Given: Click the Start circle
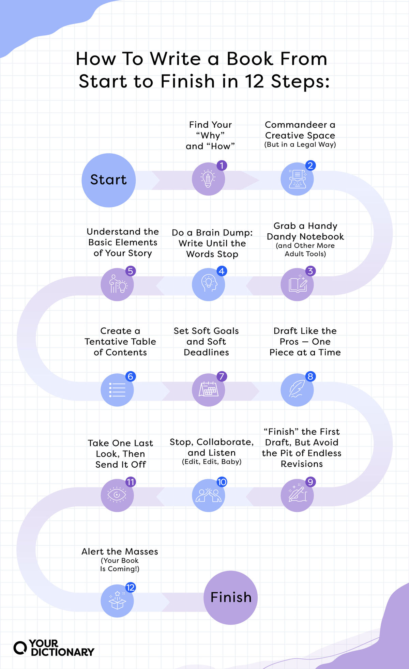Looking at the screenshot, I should pos(108,180).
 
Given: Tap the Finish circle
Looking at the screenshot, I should pos(230,597).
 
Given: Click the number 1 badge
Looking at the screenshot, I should pos(222,166).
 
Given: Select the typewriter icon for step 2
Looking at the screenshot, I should pos(297,179).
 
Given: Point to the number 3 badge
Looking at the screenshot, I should pos(310,271).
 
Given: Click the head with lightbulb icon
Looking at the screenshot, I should pos(208,284).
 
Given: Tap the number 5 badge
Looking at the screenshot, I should pos(130,271).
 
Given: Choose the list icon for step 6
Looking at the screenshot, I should pos(117,390).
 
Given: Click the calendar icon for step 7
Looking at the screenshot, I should pos(208,390).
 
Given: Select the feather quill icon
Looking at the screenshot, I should pos(297,390).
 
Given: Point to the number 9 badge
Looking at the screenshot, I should pos(310,482).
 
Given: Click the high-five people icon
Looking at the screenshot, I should pos(208,496).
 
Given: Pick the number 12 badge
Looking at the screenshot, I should pos(130,587).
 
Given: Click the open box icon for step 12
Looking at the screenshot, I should pos(117,601).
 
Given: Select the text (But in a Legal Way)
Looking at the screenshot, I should pos(300,144).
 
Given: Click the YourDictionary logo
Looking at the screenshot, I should pos(54,648).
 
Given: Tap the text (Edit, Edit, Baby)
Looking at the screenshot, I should pos(212,462).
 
